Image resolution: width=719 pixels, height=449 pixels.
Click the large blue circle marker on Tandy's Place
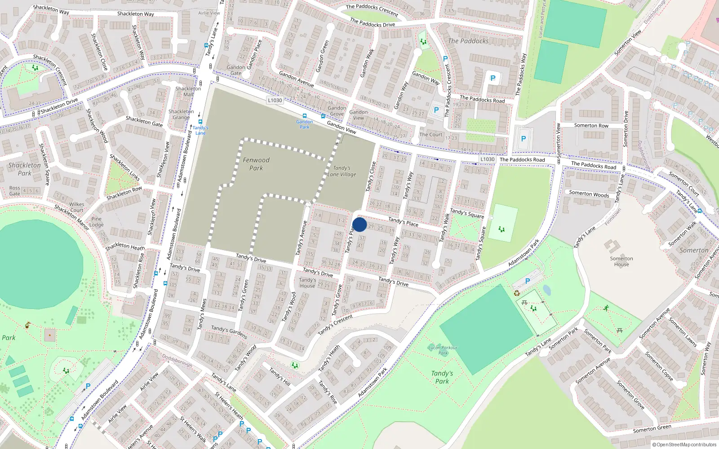359,224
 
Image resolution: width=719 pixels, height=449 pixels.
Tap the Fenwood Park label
256,164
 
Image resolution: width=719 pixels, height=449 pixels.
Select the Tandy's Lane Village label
342,171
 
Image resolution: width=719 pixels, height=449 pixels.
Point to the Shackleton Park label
25,169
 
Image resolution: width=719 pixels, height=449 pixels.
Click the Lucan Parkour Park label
443,350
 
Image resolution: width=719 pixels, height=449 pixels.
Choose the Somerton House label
621,261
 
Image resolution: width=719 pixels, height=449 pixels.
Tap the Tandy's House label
307,282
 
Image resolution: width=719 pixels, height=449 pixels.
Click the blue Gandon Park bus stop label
305,124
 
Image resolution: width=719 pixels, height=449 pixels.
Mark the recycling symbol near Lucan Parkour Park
517,293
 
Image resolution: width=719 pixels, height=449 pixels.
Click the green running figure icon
607,308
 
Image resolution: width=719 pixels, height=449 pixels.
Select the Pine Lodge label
96,222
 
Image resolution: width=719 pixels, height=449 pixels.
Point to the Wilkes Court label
77,207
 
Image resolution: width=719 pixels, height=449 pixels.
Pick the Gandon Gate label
236,70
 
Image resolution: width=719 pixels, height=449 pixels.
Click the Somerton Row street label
591,126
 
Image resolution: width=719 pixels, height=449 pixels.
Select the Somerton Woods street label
589,194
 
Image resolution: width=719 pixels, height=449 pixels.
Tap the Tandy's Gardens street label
229,332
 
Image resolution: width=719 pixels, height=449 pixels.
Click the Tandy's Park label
442,377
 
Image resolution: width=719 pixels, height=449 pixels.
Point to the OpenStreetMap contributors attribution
684,445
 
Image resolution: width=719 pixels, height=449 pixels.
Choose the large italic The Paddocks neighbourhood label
468,41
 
